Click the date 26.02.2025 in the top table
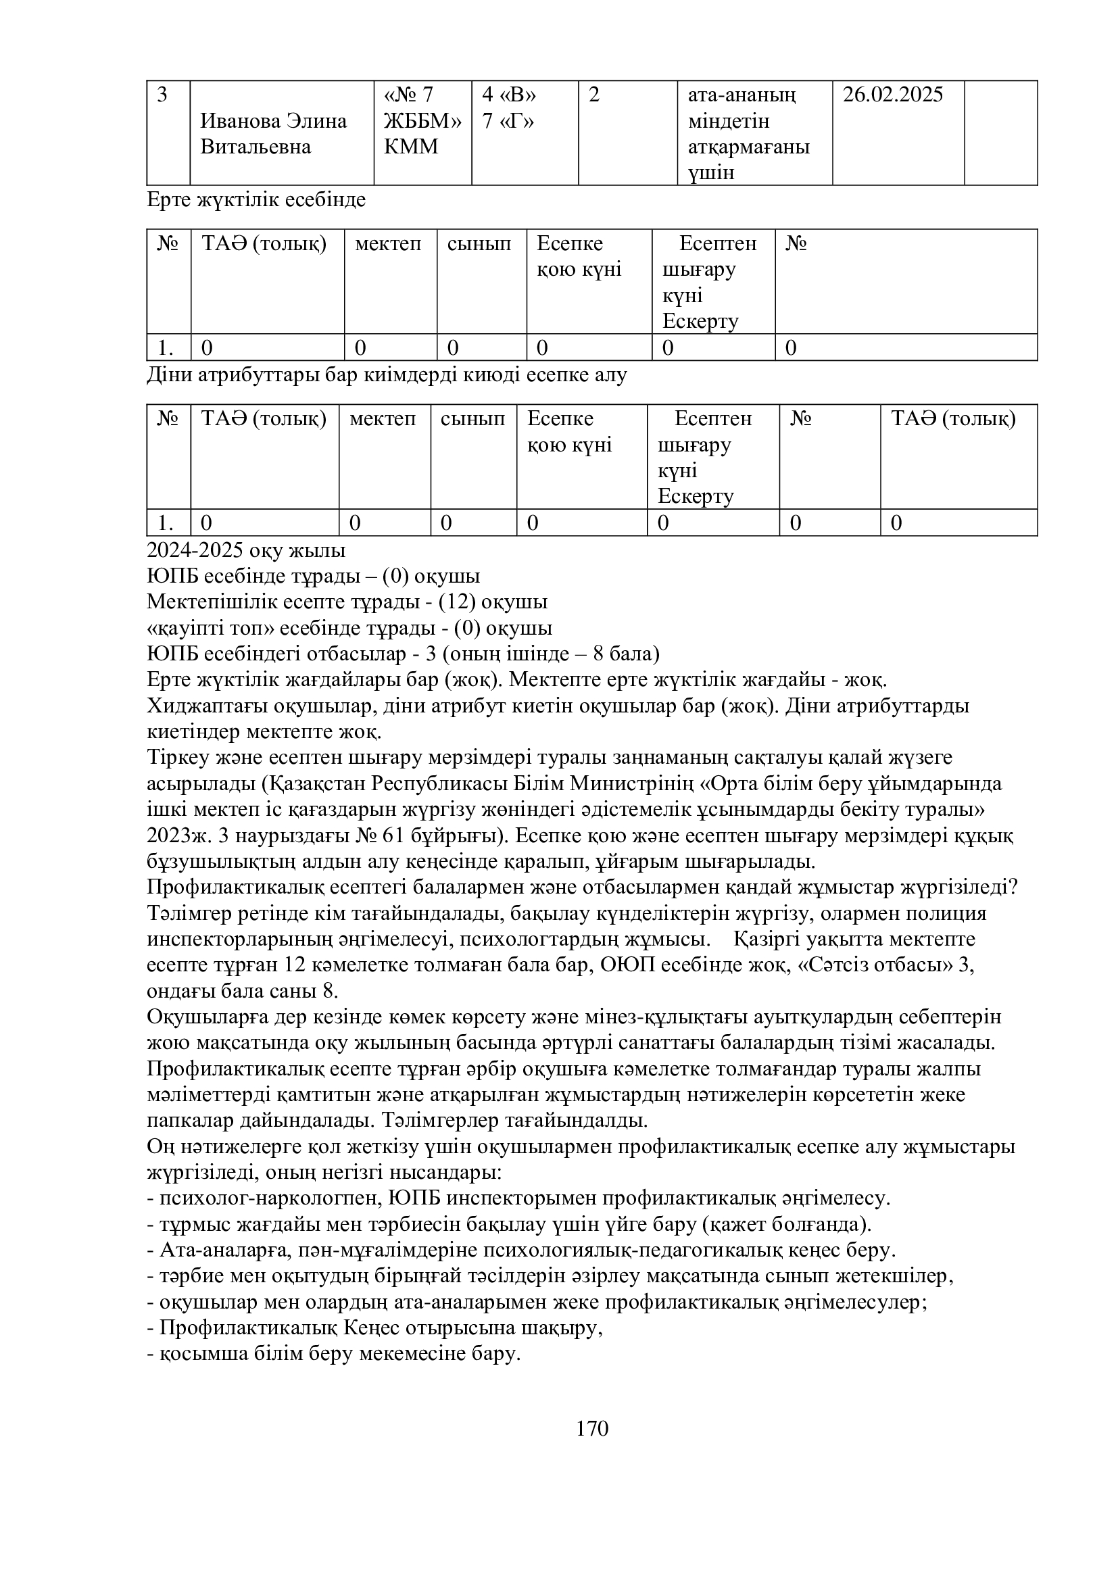(892, 95)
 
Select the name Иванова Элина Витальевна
(273, 134)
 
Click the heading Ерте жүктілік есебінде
(256, 200)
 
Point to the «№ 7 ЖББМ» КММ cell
(422, 121)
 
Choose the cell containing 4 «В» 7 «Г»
(510, 108)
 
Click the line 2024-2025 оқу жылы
(246, 551)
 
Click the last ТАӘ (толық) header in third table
(953, 418)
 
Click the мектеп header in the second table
(387, 244)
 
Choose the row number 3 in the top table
(162, 95)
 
